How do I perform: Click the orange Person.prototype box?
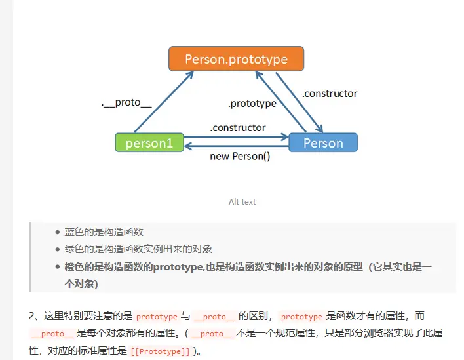236,59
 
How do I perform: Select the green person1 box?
149,143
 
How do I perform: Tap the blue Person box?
323,143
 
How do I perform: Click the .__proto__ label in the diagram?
126,103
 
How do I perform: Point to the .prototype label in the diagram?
252,103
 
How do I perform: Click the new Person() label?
240,157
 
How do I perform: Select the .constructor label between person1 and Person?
238,128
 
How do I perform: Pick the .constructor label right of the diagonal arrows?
330,94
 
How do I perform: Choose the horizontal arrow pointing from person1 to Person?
236,137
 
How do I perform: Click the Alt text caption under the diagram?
242,202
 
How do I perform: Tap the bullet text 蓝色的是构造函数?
104,232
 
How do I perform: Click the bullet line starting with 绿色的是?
138,249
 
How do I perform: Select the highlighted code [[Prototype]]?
161,351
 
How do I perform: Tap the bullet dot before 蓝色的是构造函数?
58,232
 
